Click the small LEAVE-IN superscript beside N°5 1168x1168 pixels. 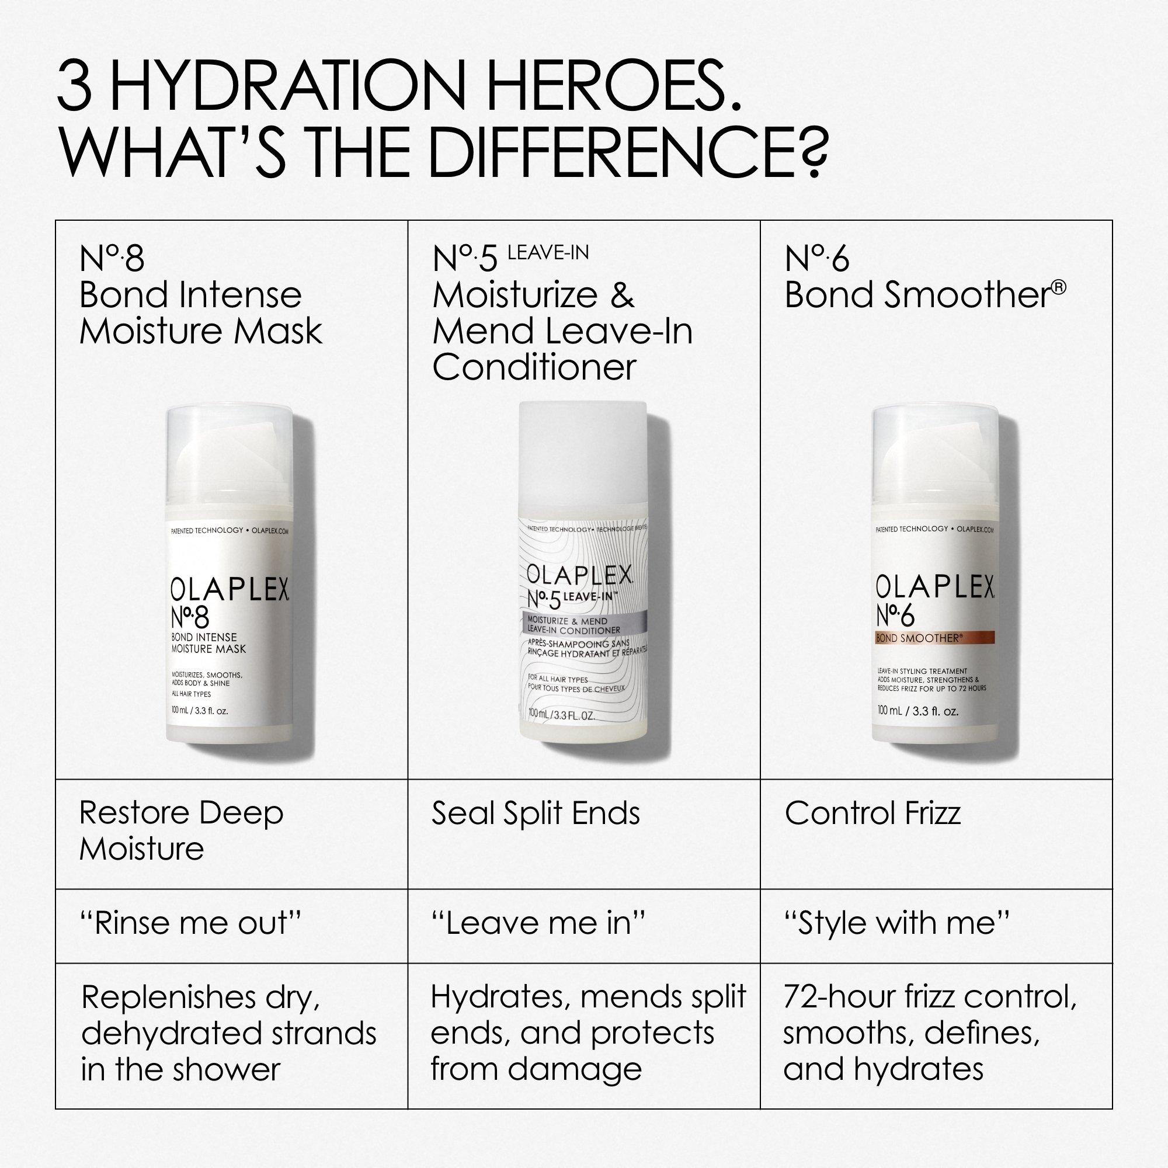[x=548, y=253]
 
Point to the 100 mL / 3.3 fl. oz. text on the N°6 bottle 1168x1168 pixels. [x=917, y=711]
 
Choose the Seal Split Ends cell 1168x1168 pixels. [x=535, y=813]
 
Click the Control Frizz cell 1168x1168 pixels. [x=872, y=813]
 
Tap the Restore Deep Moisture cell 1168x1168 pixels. [x=182, y=830]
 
